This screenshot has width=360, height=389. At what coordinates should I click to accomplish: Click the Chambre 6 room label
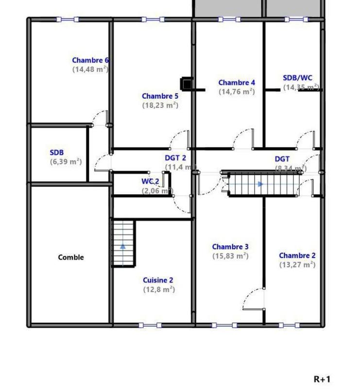pyautogui.click(x=90, y=60)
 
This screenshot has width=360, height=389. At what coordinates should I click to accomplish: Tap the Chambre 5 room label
pyautogui.click(x=160, y=96)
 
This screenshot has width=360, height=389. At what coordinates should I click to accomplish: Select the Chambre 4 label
pyautogui.click(x=237, y=83)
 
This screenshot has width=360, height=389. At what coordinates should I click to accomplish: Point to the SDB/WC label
pyautogui.click(x=298, y=78)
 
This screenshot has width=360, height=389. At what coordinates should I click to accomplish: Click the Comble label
pyautogui.click(x=71, y=257)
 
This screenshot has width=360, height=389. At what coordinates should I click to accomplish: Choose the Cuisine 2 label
pyautogui.click(x=158, y=280)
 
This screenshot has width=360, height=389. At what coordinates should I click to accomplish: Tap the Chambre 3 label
pyautogui.click(x=231, y=247)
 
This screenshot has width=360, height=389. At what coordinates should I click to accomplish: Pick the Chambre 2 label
pyautogui.click(x=297, y=256)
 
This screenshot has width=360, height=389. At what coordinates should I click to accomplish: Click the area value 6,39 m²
pyautogui.click(x=66, y=162)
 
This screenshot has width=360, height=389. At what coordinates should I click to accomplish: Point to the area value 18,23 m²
pyautogui.click(x=160, y=105)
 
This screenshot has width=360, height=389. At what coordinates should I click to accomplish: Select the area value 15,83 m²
pyautogui.click(x=231, y=256)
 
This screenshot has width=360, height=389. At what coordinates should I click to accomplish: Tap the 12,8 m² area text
pyautogui.click(x=158, y=289)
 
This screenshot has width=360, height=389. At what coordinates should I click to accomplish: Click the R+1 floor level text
pyautogui.click(x=322, y=379)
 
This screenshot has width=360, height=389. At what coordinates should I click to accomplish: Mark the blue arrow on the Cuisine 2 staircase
pyautogui.click(x=123, y=246)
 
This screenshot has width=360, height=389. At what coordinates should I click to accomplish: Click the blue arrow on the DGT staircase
pyautogui.click(x=261, y=184)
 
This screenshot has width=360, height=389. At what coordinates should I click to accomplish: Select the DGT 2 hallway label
pyautogui.click(x=175, y=158)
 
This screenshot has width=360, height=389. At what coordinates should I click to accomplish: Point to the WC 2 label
pyautogui.click(x=150, y=181)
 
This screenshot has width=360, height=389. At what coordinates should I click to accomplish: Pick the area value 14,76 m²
pyautogui.click(x=237, y=91)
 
